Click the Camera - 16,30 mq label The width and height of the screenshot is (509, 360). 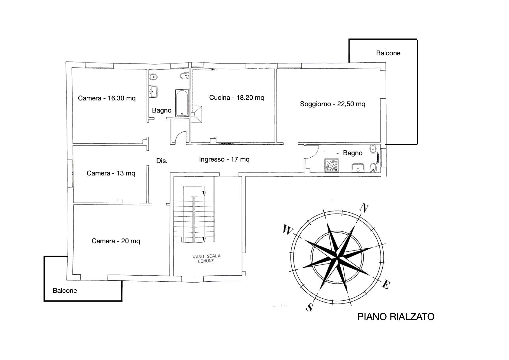pos(107,98)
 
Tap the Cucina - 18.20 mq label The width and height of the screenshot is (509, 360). pos(237,97)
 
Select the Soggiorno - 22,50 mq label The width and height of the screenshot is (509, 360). pos(332,104)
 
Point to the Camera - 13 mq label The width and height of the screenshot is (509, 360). pos(111,173)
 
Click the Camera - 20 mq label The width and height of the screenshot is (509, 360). pos(116,241)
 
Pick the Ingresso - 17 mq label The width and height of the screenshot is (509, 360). pos(224,159)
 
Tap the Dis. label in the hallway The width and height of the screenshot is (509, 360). pos(162,161)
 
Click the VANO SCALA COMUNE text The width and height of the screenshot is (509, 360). pos(206,259)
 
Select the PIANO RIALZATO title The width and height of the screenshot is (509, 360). pos(396,317)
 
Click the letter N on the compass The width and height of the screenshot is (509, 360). pos(364,208)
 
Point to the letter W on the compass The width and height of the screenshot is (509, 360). pos(287,229)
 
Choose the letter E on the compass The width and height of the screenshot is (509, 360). pos(386,284)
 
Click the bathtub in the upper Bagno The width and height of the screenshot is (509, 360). pos(182,103)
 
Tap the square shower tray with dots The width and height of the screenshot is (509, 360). pos(332,165)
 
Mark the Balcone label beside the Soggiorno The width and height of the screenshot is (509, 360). pos(388,53)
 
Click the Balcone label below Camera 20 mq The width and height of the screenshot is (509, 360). pos(65,291)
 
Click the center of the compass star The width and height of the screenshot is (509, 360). pos(337,258)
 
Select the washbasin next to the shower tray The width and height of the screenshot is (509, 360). pos(358,168)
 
